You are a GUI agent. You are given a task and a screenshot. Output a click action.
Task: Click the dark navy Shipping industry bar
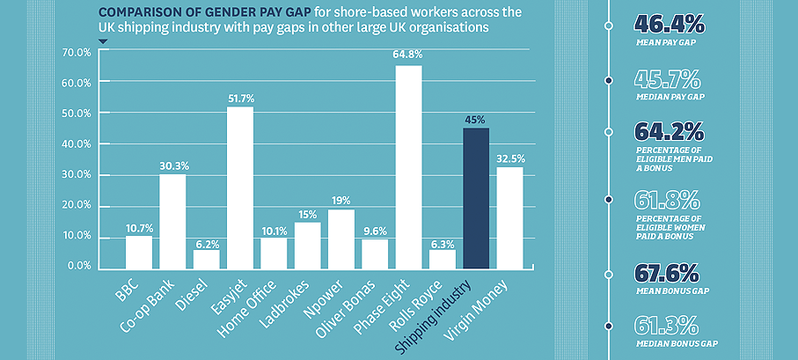pyautogui.click(x=476, y=198)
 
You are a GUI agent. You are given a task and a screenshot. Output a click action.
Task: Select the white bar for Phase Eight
pyautogui.click(x=409, y=167)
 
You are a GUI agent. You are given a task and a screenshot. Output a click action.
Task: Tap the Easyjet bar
pyautogui.click(x=240, y=187)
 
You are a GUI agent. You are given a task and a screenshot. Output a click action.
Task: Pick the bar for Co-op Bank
pyautogui.click(x=172, y=221)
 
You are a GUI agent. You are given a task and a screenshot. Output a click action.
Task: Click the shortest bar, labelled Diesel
pyautogui.click(x=207, y=259)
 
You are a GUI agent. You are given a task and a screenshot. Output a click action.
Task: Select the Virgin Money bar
pyautogui.click(x=510, y=217)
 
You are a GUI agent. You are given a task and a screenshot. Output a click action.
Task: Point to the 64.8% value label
pyautogui.click(x=408, y=55)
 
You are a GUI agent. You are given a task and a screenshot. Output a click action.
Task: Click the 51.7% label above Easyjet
pyautogui.click(x=239, y=96)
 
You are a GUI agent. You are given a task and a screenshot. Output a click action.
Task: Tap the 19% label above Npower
pyautogui.click(x=341, y=200)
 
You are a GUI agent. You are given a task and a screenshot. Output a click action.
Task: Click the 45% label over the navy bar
pyautogui.click(x=476, y=119)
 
